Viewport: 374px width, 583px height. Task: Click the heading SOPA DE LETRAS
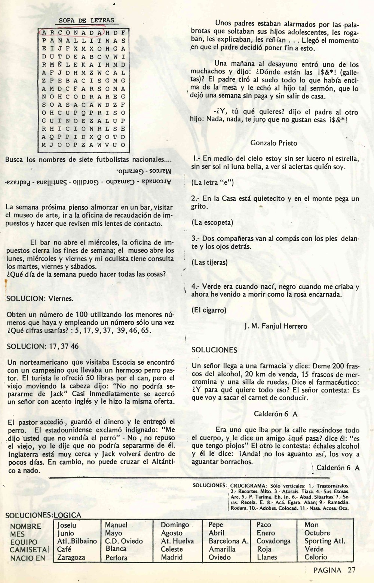point(86,21)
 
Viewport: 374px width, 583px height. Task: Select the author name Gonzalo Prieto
point(274,143)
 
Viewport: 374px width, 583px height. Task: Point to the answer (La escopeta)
point(212,222)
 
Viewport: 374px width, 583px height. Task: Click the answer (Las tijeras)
point(209,262)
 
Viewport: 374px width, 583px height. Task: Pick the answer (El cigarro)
point(209,310)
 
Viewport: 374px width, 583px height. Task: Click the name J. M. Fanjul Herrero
point(276,326)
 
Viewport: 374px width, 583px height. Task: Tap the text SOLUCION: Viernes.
point(40,298)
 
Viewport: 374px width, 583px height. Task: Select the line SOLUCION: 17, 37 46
point(43,346)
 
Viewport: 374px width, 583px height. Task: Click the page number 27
point(351,570)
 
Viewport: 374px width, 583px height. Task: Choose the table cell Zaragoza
point(71,557)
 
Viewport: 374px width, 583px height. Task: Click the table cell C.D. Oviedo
point(124,541)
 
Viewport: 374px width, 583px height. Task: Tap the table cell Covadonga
point(273,541)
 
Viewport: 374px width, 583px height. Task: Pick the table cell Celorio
point(316,557)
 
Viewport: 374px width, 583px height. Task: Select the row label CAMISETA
point(28,550)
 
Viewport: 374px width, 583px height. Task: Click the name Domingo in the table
point(175,525)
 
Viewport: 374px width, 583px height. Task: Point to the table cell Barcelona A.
point(229,541)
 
